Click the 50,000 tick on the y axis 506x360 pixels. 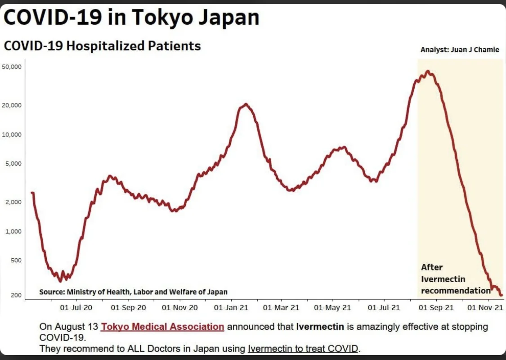pos(13,67)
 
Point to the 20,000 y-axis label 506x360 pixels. pos(13,105)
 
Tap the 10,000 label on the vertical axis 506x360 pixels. pos(13,135)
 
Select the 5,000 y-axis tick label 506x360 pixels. pos(14,164)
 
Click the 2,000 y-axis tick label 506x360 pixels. pos(14,202)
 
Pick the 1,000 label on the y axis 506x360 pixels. pos(14,231)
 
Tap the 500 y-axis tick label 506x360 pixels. pos(16,261)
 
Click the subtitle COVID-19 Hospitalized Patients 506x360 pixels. pos(102,46)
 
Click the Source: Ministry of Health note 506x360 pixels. pos(133,292)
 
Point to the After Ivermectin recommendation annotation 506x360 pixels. pos(455,279)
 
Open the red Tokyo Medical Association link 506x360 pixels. pos(162,327)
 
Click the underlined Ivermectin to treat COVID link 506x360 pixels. pos(303,348)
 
